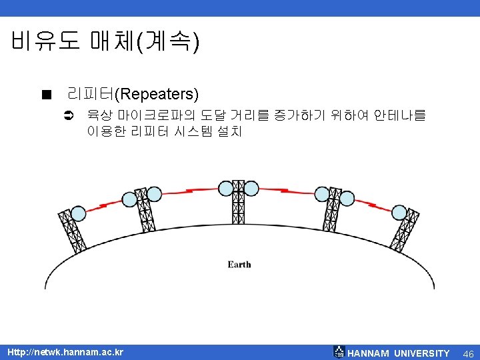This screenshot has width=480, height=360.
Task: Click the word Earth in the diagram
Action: click(x=239, y=265)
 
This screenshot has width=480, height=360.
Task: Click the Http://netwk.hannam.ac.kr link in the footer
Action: click(x=65, y=352)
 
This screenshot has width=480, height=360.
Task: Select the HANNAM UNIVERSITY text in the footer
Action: click(x=399, y=353)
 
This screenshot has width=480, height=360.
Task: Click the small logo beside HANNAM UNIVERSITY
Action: click(x=339, y=352)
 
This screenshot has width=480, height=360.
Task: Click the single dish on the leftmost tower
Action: click(x=79, y=213)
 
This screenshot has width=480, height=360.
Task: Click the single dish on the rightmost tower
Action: click(x=399, y=213)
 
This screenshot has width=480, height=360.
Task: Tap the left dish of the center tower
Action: click(x=225, y=188)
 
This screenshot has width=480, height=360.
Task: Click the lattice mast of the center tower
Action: click(x=239, y=207)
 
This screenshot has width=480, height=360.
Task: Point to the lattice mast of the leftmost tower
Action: click(x=71, y=230)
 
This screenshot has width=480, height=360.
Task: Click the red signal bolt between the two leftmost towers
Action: click(x=101, y=205)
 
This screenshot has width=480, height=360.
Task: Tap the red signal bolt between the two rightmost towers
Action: click(x=375, y=204)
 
